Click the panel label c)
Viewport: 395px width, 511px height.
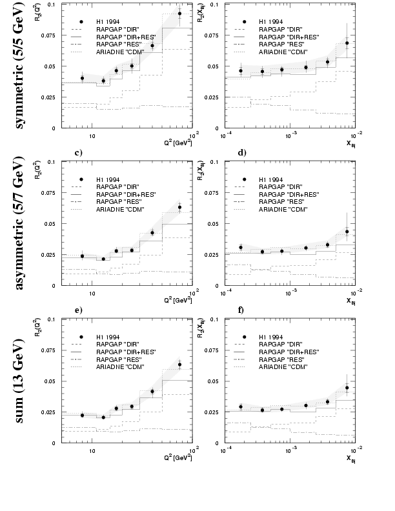pyautogui.click(x=77, y=153)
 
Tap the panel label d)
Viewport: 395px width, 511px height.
pyautogui.click(x=241, y=153)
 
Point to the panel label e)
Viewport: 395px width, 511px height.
pyautogui.click(x=78, y=310)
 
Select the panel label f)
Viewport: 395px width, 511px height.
pyautogui.click(x=241, y=310)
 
